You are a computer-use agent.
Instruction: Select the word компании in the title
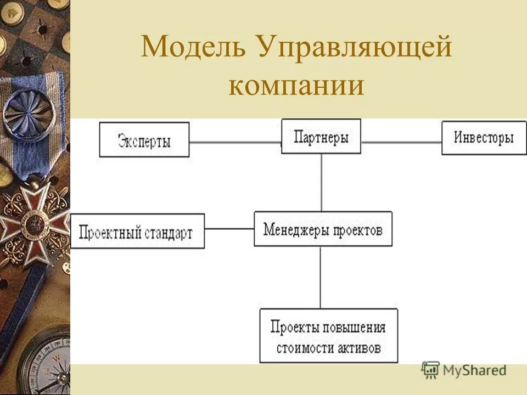[x=296, y=87]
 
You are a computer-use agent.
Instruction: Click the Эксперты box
[x=144, y=140]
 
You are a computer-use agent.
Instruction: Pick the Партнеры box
[x=321, y=137]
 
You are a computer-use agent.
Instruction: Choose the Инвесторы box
[x=484, y=138]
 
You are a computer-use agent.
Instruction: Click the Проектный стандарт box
[x=137, y=232]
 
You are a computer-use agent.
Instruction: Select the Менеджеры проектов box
[x=323, y=229]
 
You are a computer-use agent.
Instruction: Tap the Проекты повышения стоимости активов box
[x=328, y=336]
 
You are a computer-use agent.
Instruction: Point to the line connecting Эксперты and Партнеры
[x=235, y=143]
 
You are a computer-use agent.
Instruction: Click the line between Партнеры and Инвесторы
[x=401, y=143]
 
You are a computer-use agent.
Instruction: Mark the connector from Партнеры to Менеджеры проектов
[x=321, y=182]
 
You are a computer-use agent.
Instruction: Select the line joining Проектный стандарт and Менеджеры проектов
[x=229, y=229]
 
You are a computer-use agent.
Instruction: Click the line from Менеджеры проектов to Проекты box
[x=321, y=277]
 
